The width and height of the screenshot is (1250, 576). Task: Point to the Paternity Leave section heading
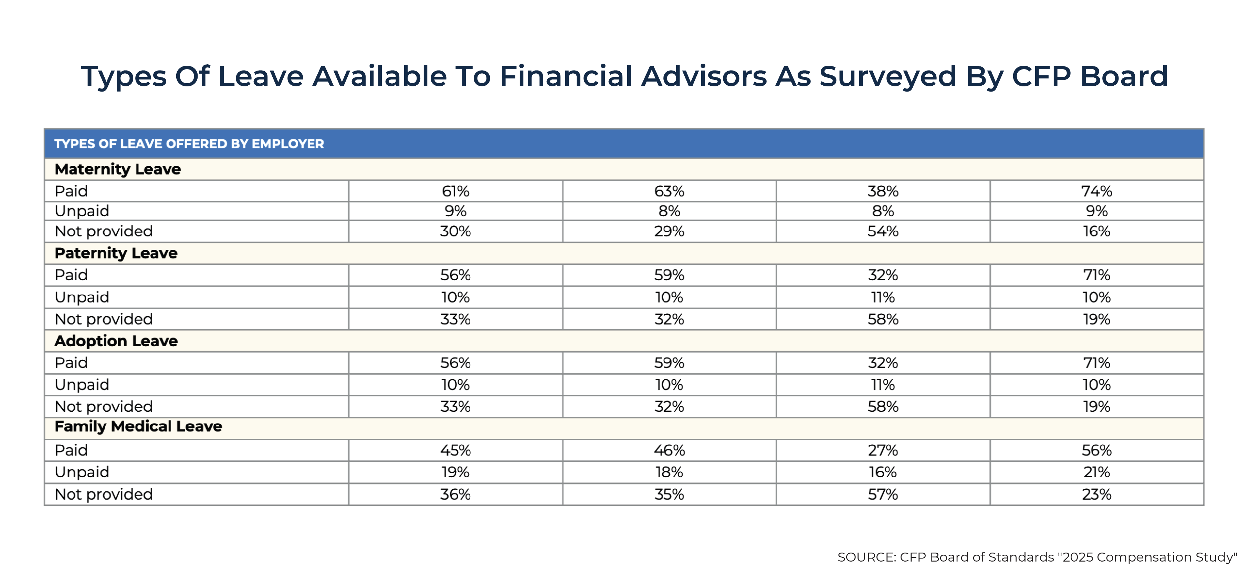116,253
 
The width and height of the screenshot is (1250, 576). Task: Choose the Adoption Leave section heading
116,341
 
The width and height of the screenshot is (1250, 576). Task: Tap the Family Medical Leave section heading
138,426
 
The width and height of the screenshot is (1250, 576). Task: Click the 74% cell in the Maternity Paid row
1096,191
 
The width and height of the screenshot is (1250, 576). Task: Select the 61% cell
455,191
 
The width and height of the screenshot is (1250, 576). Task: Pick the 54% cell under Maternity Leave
883,231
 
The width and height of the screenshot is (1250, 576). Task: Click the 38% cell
883,191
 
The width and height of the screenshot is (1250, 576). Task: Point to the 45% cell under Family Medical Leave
455,450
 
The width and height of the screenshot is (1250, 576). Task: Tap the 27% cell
883,450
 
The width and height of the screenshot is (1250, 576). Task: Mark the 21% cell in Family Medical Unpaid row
1096,472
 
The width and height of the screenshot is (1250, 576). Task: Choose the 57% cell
883,494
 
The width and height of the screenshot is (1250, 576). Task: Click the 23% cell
1096,494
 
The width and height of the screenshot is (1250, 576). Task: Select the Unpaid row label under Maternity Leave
82,211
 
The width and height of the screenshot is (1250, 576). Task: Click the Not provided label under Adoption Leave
103,406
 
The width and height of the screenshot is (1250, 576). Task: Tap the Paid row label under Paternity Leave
71,275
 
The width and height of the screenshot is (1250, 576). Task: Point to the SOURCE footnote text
1037,557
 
